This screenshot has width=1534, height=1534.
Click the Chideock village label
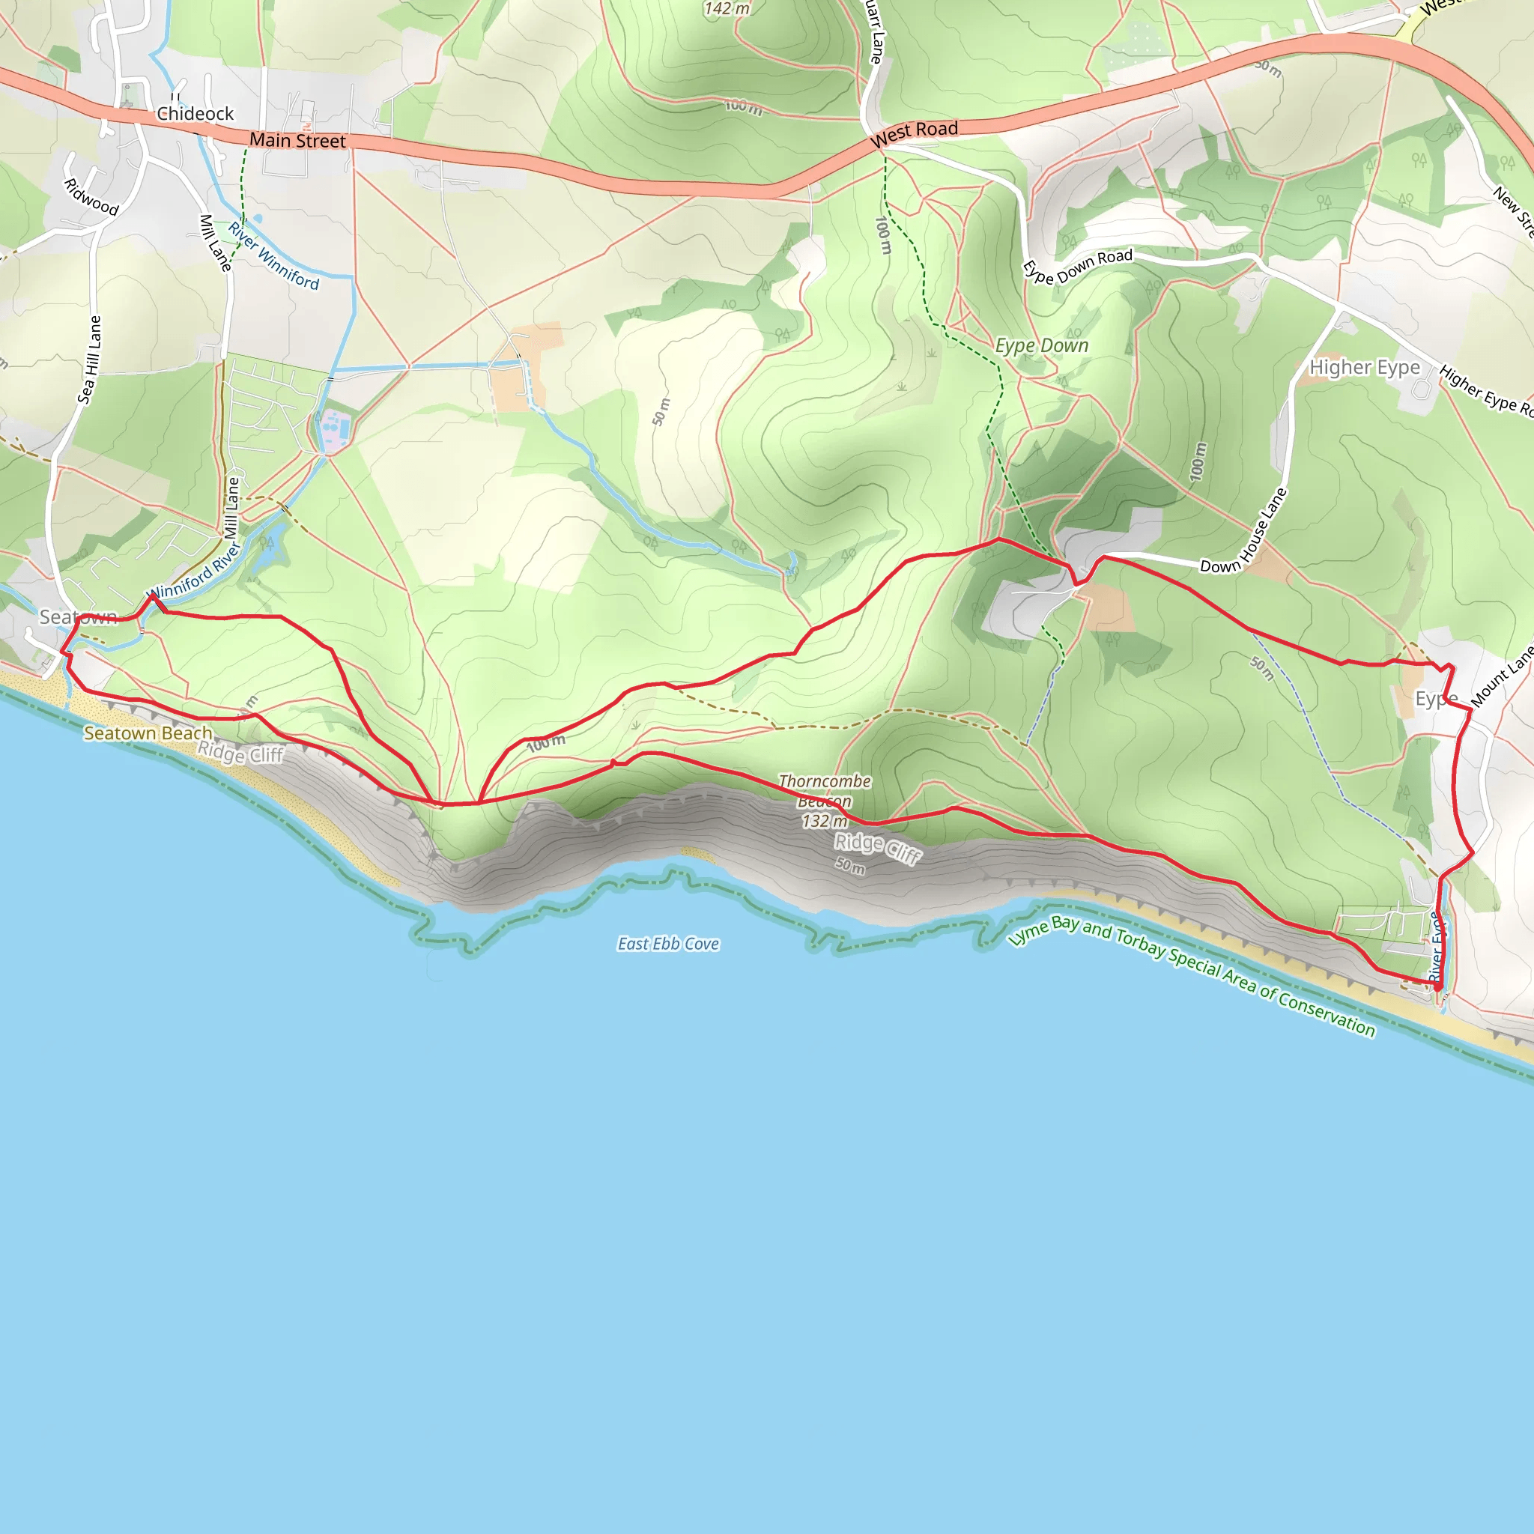tap(195, 114)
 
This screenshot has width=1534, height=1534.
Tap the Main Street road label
tap(298, 141)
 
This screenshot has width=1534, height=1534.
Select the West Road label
tap(915, 133)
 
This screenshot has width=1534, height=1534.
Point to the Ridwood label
tap(91, 197)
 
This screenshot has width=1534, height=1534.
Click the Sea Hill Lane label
tap(90, 360)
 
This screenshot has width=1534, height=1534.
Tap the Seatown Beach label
tap(148, 733)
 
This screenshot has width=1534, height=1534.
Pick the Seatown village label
tap(79, 617)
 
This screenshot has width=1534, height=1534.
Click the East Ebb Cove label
tap(669, 944)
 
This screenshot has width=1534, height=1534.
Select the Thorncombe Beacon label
tap(825, 791)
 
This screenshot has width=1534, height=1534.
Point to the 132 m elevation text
tap(824, 821)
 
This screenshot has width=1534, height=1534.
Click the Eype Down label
tap(1042, 345)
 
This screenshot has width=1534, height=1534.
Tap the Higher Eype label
tap(1365, 367)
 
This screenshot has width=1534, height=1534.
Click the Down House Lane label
tap(1244, 531)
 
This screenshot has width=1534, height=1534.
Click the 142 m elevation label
tap(727, 9)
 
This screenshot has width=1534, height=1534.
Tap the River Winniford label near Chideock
tap(273, 255)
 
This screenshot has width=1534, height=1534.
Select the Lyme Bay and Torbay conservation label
tap(1192, 976)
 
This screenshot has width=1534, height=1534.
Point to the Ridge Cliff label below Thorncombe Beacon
tap(877, 848)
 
